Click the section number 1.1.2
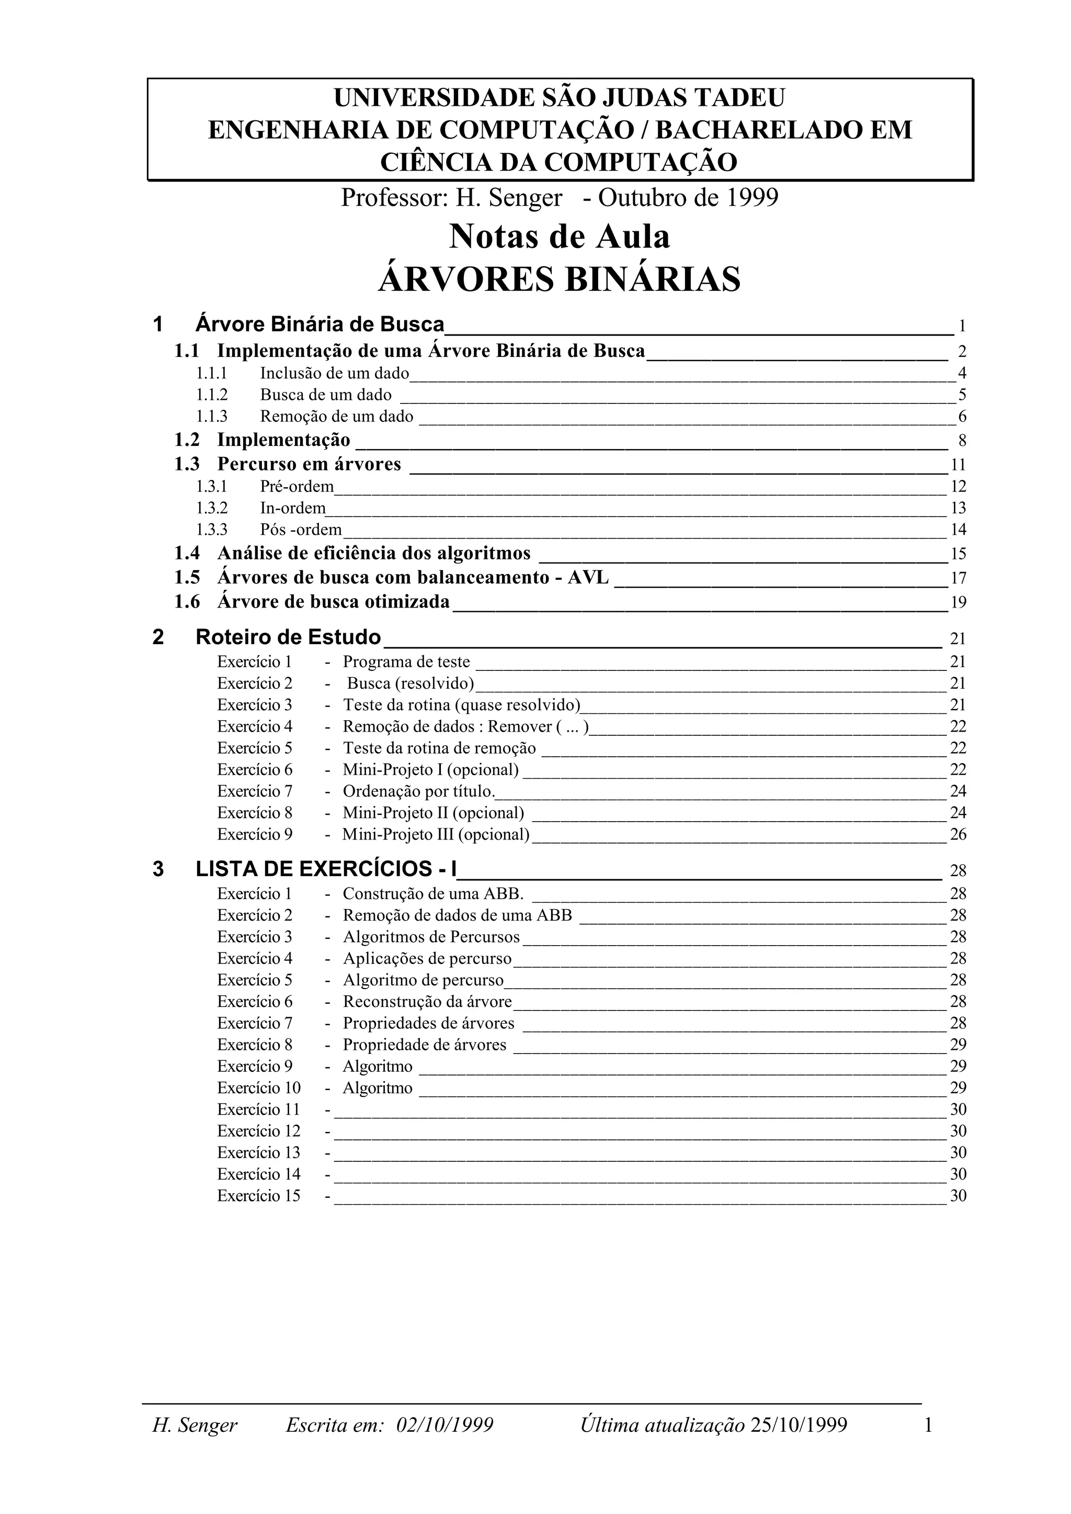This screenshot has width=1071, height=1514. pyautogui.click(x=211, y=395)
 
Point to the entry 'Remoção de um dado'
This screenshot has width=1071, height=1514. pyautogui.click(x=336, y=417)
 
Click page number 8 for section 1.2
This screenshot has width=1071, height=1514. pyautogui.click(x=962, y=441)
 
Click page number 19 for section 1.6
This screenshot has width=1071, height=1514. pyautogui.click(x=958, y=602)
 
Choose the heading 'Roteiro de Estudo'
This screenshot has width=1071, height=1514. pyautogui.click(x=288, y=637)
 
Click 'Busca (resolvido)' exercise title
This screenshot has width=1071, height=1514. pyautogui.click(x=410, y=683)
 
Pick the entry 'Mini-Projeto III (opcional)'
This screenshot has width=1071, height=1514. pyautogui.click(x=436, y=834)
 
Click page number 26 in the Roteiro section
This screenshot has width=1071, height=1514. pyautogui.click(x=958, y=834)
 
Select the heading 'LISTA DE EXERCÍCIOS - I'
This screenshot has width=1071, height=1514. pyautogui.click(x=326, y=869)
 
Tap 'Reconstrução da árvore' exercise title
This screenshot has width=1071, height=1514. pyautogui.click(x=427, y=1002)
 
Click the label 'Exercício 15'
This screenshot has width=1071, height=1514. pyautogui.click(x=258, y=1196)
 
